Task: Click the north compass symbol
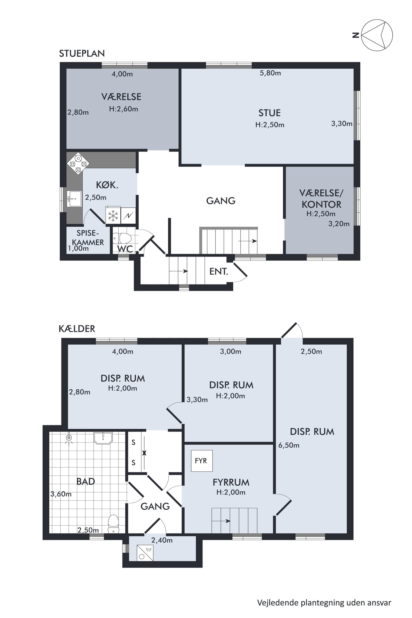click(x=377, y=35)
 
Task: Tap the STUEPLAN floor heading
click(x=82, y=53)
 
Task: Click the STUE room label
click(x=270, y=113)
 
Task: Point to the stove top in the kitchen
click(x=78, y=164)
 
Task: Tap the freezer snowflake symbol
click(x=113, y=216)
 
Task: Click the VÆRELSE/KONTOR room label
click(x=321, y=199)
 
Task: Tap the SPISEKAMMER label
click(x=88, y=238)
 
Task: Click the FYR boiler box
click(x=201, y=461)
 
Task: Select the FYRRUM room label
click(x=231, y=482)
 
